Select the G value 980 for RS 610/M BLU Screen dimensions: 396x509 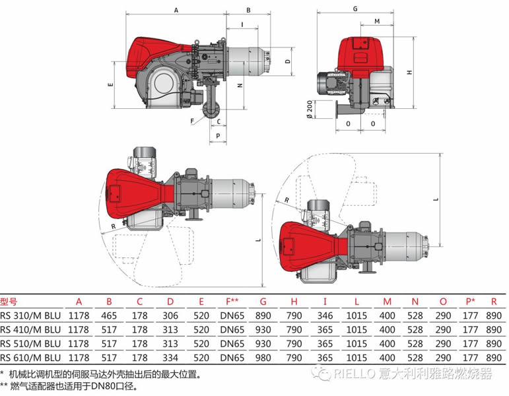tap(263, 357)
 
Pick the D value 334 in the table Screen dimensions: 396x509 tap(170, 357)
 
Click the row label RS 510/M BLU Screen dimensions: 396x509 tap(30, 343)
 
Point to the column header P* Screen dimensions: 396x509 tap(471, 301)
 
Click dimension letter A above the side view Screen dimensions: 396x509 tap(176, 11)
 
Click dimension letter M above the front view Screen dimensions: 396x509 tap(376, 21)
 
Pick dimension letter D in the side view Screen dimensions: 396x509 tap(288, 61)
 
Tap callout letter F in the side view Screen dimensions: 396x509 tap(192, 121)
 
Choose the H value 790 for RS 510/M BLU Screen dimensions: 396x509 tap(294, 343)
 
